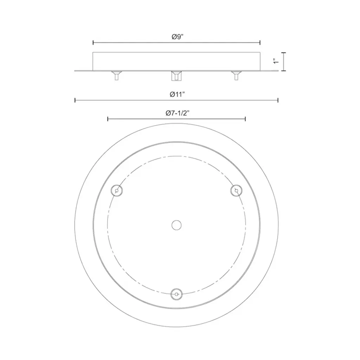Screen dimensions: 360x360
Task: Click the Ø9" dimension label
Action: click(178, 37)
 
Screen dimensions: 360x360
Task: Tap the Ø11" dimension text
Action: click(177, 94)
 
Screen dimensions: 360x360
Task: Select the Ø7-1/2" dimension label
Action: click(178, 113)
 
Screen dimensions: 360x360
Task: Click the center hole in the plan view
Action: click(176, 225)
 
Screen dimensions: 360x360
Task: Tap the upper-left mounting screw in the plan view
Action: click(117, 191)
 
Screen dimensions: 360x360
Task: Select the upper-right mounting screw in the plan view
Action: click(236, 191)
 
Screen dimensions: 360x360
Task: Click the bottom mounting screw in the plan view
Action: click(176, 294)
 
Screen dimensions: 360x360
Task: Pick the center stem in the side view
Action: click(176, 76)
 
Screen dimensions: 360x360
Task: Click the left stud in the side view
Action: click(117, 76)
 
